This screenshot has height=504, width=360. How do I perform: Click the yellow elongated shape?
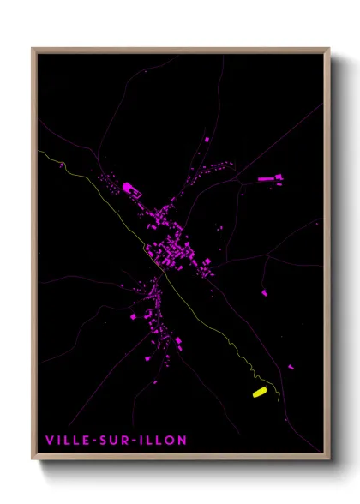pyautogui.click(x=259, y=393)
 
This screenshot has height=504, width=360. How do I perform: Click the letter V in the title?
pyautogui.click(x=51, y=441)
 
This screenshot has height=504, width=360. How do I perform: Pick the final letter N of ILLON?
pyautogui.click(x=182, y=441)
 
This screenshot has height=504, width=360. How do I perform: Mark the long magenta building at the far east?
pyautogui.click(x=267, y=179)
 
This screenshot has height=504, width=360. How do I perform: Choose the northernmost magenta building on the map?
pyautogui.click(x=207, y=137)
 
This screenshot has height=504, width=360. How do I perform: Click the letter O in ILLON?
pyautogui.click(x=171, y=441)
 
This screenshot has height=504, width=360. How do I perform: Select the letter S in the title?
pyautogui.click(x=108, y=441)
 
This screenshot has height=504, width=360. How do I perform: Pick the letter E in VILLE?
pyautogui.click(x=88, y=441)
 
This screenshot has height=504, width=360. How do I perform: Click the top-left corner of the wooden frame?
pyautogui.click(x=33, y=48)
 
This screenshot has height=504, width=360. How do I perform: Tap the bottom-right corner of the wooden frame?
pyautogui.click(x=329, y=461)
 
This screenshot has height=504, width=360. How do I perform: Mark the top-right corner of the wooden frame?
pyautogui.click(x=329, y=48)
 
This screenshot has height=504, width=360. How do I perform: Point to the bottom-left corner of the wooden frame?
pyautogui.click(x=33, y=461)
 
